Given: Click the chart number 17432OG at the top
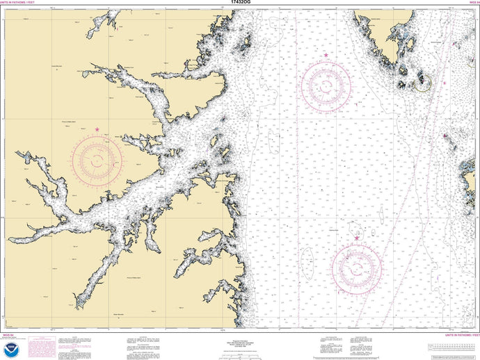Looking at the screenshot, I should click(x=239, y=3).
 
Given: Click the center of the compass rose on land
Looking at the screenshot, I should click(x=97, y=160).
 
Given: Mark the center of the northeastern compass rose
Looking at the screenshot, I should click(x=326, y=84).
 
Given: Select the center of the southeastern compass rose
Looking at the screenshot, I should click(x=358, y=268).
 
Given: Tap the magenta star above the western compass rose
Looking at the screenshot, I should click(x=97, y=129).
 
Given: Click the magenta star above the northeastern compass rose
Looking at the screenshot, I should click(x=326, y=55).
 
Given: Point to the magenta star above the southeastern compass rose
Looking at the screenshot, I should click(x=358, y=238).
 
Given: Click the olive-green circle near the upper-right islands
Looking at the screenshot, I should click(x=422, y=84).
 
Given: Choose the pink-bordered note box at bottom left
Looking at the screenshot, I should click(x=46, y=345).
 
